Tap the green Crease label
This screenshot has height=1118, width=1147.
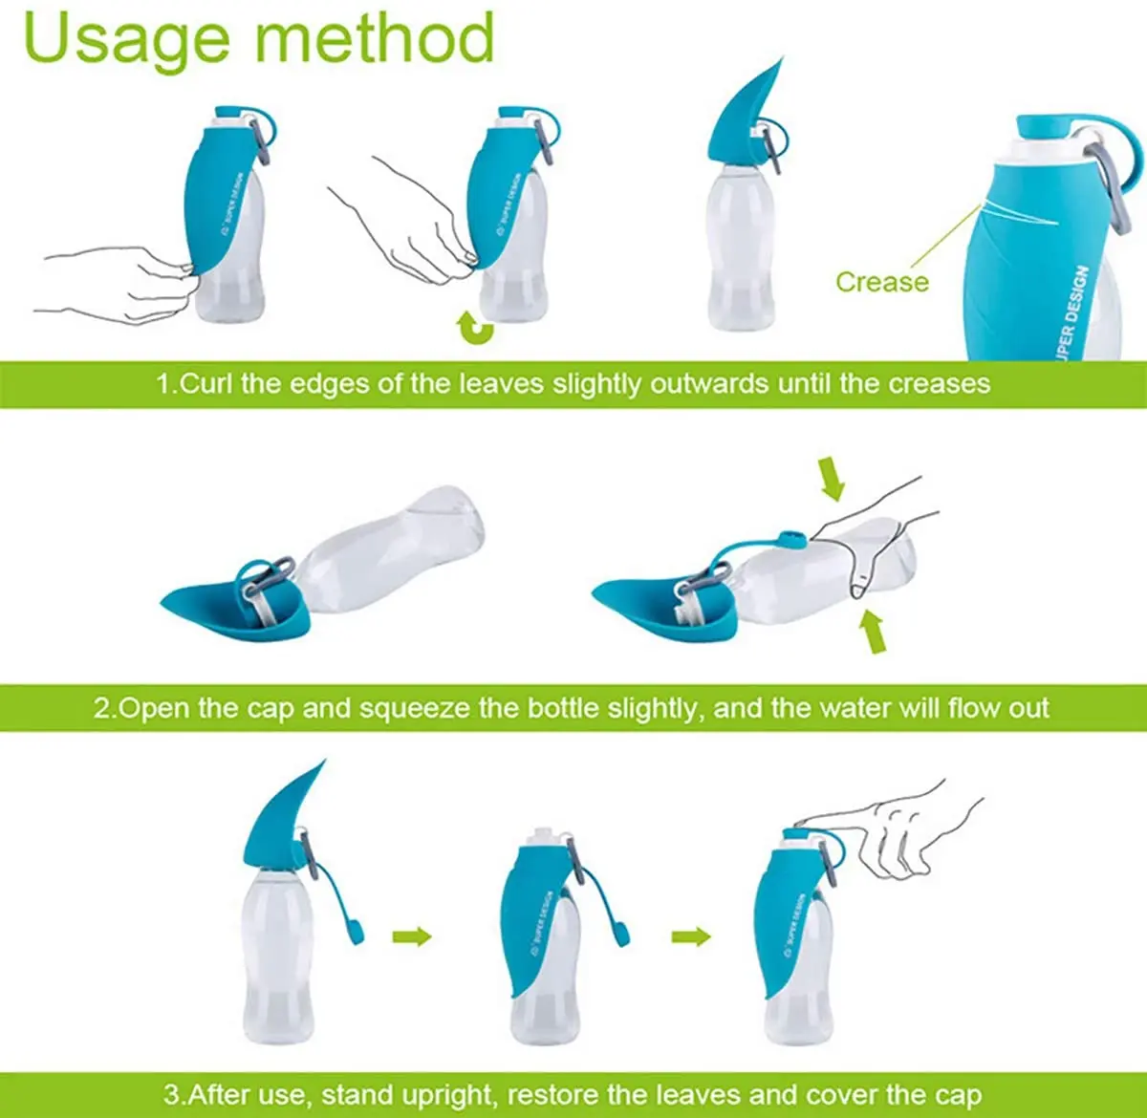click(x=882, y=282)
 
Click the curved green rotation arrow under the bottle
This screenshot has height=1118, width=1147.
click(x=475, y=329)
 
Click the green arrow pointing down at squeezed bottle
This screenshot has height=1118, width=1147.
click(x=833, y=478)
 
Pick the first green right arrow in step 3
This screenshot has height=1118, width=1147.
click(x=412, y=935)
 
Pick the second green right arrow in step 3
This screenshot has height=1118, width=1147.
click(x=691, y=935)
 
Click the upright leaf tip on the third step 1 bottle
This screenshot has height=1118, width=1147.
click(x=784, y=57)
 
